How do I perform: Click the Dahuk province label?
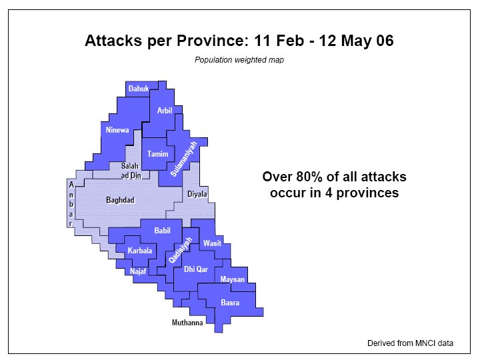pos(139,89)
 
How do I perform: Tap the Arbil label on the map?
pos(165,111)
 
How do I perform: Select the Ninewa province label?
pos(117,130)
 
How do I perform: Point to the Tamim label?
pos(157,154)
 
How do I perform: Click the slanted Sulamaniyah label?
pos(184,159)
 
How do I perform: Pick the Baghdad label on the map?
pos(120,200)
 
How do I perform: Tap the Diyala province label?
pos(197,194)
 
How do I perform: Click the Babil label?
pos(162,231)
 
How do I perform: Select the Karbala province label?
pos(140,251)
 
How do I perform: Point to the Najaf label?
pos(138,271)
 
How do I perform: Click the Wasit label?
pos(212,243)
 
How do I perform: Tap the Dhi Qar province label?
pos(196,269)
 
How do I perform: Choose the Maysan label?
pos(233,279)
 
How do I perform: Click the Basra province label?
pos(230,303)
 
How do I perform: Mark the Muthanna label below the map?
pos(187,323)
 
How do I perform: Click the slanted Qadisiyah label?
pos(180,250)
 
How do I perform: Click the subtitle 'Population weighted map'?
pos(239,60)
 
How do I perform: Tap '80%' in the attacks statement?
pos(309,177)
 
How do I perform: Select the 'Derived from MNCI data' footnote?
pos(410,343)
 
